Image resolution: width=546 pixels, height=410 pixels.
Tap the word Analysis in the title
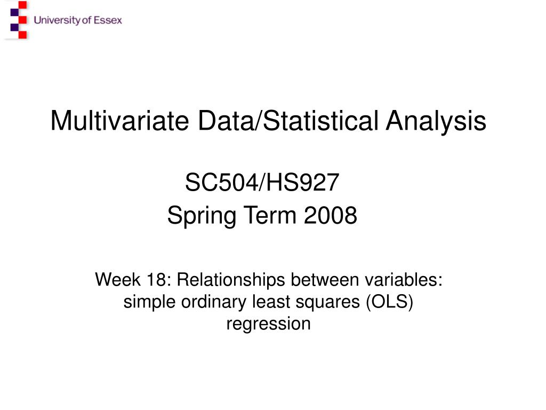coord(436,121)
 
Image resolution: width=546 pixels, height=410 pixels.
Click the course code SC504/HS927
coord(262,184)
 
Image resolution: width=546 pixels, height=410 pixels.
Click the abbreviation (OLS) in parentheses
coord(390,302)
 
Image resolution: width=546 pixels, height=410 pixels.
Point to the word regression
coord(268,324)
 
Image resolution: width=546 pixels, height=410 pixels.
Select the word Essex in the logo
coord(108,20)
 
